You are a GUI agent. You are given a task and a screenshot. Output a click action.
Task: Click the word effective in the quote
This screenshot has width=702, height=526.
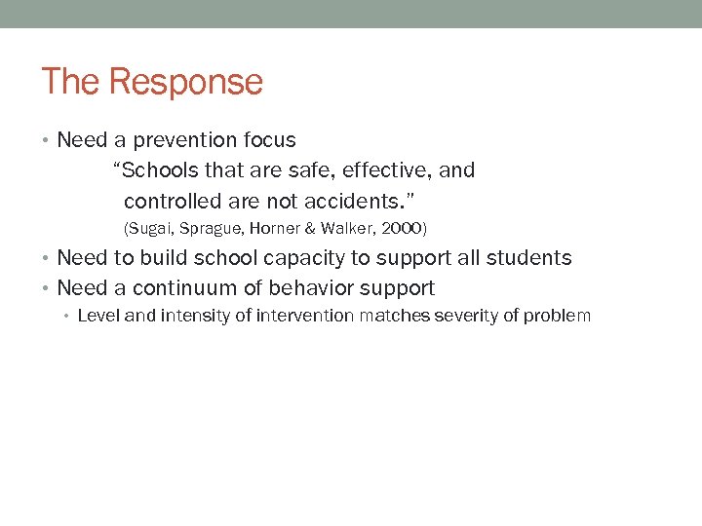click(x=385, y=170)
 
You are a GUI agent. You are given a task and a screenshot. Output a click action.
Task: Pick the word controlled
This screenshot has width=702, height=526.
click(x=173, y=201)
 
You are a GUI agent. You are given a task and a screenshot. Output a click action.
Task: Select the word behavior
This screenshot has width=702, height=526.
click(x=308, y=288)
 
